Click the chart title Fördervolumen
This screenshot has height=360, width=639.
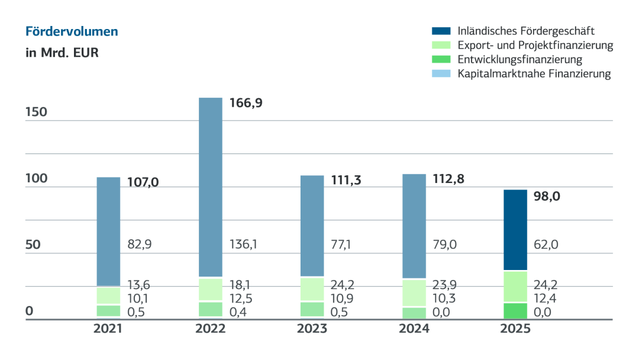click(72, 31)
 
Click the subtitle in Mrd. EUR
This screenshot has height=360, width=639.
click(62, 53)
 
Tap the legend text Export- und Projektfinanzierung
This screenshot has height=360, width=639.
click(535, 45)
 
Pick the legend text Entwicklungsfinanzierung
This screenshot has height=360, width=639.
click(519, 59)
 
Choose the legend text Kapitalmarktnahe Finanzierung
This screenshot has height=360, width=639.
click(534, 74)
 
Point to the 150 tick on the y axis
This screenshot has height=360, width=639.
click(37, 112)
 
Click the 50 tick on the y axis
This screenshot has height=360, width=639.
click(33, 245)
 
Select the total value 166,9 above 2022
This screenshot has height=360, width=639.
click(246, 103)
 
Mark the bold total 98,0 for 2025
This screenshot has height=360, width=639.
click(547, 196)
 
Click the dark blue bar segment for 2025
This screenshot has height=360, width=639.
click(515, 230)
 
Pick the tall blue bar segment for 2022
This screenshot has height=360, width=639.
click(210, 187)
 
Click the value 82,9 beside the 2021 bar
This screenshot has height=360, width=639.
click(140, 244)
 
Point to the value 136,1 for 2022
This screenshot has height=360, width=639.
click(244, 244)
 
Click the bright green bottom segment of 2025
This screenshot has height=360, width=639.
click(515, 311)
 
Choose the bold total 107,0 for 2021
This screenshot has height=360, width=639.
click(143, 182)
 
